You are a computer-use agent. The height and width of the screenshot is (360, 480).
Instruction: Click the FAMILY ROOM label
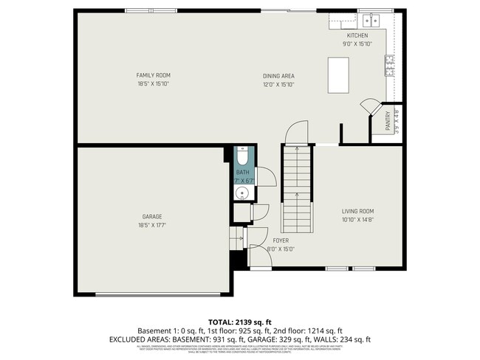153,75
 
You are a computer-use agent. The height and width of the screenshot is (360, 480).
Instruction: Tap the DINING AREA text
278,75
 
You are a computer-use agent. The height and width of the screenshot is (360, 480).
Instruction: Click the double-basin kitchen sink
367,20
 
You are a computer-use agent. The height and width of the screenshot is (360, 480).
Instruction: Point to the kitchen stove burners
389,66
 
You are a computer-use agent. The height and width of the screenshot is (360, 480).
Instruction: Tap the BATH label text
243,172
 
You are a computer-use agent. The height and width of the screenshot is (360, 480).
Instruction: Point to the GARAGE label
152,216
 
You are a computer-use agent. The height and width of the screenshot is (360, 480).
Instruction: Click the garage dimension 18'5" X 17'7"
152,225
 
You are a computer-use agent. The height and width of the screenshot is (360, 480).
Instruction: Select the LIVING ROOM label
357,211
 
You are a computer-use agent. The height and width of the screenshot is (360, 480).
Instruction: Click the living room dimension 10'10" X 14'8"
357,220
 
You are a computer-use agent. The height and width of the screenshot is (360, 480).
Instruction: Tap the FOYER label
280,240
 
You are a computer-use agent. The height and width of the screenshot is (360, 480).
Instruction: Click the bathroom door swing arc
267,176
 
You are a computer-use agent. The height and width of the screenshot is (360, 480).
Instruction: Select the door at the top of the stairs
296,131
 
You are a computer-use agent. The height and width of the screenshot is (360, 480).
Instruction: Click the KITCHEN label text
357,35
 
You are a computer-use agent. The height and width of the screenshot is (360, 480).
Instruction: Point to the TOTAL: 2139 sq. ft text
239,322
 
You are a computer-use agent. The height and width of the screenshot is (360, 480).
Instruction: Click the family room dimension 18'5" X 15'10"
153,84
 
